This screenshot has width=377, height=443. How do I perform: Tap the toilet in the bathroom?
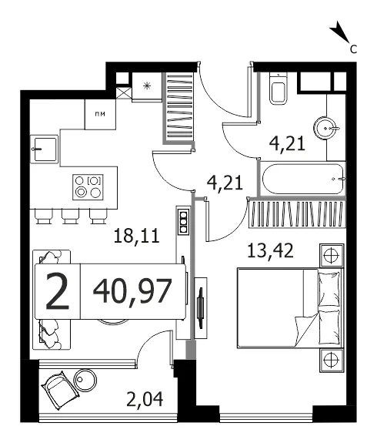click(279, 89)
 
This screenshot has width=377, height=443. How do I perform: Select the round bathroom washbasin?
click(326, 128)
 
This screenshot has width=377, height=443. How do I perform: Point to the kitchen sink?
click(45, 149)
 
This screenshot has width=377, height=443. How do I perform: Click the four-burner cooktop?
click(88, 187)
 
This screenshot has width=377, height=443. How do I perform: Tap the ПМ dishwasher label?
click(100, 114)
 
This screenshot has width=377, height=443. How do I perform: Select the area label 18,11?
click(137, 237)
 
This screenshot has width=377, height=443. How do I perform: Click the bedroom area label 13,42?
click(270, 250)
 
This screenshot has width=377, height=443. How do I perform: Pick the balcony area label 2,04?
click(145, 400)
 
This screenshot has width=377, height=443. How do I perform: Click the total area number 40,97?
click(132, 290)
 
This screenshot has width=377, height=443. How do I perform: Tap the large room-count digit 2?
click(57, 291)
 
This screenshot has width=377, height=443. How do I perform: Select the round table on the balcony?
click(85, 380)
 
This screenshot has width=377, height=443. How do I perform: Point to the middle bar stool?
click(71, 216)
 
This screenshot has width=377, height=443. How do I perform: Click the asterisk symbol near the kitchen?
click(146, 86)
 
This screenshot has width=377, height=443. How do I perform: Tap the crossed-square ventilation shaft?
click(124, 93)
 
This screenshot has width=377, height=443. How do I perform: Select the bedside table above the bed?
click(332, 256)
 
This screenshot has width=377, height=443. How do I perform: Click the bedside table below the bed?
click(332, 360)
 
